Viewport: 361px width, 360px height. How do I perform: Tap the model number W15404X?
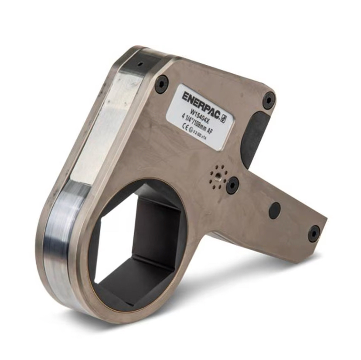point(200,115)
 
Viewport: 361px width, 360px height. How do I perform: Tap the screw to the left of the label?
point(161,84)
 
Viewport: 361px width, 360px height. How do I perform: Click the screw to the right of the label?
point(269,101)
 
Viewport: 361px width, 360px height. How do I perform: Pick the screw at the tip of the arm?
point(314,233)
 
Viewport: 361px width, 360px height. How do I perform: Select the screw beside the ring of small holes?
point(232,185)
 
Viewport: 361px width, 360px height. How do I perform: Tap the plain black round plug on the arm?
point(275,211)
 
